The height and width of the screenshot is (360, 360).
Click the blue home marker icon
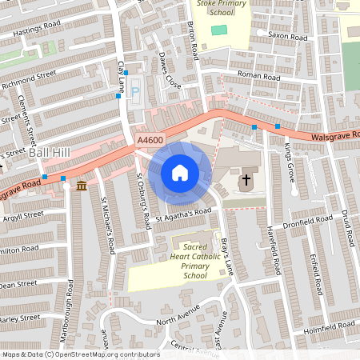click(x=180, y=172)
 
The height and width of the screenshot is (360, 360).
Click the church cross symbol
click(x=246, y=181)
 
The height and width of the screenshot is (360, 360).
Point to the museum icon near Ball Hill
click(x=82, y=186)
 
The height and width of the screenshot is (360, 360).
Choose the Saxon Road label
click(x=288, y=37)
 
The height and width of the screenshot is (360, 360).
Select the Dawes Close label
click(x=169, y=70)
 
